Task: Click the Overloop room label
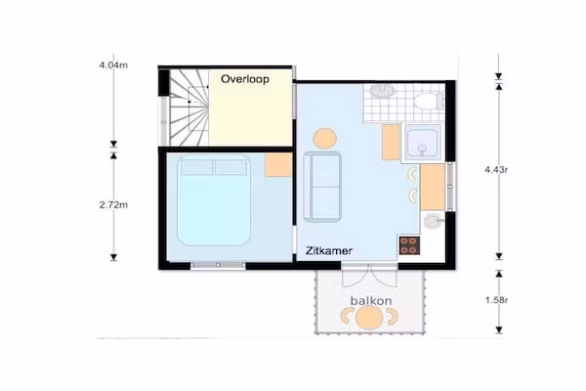click(245, 79)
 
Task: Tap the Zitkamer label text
click(329, 250)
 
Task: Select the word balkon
click(371, 300)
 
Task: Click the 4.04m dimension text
click(113, 65)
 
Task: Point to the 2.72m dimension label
click(113, 204)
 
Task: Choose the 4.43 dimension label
click(496, 169)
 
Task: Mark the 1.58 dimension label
click(496, 300)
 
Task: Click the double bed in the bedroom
click(214, 200)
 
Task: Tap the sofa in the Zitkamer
click(322, 187)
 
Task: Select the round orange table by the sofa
click(324, 139)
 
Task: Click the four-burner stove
click(409, 245)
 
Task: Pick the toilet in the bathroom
click(429, 101)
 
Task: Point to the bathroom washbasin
click(382, 91)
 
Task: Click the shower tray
click(423, 143)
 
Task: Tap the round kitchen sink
click(433, 221)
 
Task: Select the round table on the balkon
click(369, 318)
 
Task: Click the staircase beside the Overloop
click(189, 108)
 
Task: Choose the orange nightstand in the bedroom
click(278, 164)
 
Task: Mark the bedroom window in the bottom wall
click(218, 265)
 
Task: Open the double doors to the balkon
click(369, 275)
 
